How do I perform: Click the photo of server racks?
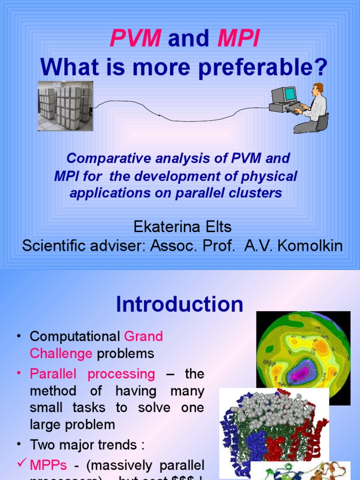click(65, 106)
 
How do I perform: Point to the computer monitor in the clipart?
click(285, 95)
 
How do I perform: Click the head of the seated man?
click(318, 89)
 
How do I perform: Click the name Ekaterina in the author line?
click(161, 227)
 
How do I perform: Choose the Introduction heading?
click(180, 305)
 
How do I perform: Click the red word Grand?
click(143, 336)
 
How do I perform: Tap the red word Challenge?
click(61, 353)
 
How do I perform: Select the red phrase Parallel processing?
click(92, 374)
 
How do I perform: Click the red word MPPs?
click(46, 465)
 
